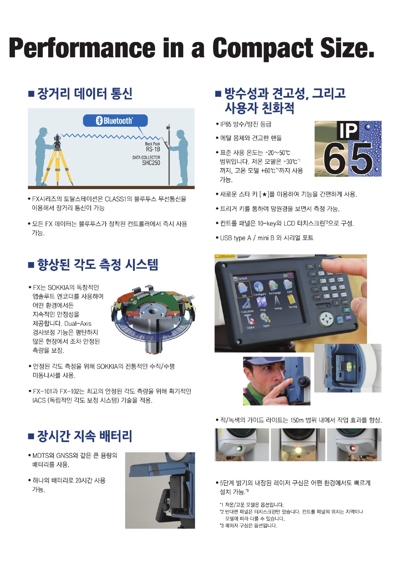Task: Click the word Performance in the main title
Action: click(x=82, y=48)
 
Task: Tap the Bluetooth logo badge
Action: click(x=115, y=121)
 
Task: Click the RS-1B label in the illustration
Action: click(x=153, y=149)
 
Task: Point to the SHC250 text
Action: click(x=151, y=163)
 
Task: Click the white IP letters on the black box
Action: click(x=347, y=130)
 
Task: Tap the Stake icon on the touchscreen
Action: click(x=249, y=321)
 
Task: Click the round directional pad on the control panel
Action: click(x=326, y=318)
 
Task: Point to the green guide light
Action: click(x=239, y=448)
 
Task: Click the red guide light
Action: click(x=353, y=448)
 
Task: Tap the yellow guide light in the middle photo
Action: click(x=298, y=450)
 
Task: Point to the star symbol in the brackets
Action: click(x=263, y=194)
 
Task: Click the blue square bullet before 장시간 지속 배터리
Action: click(x=31, y=436)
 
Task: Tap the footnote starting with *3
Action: click(x=249, y=525)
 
